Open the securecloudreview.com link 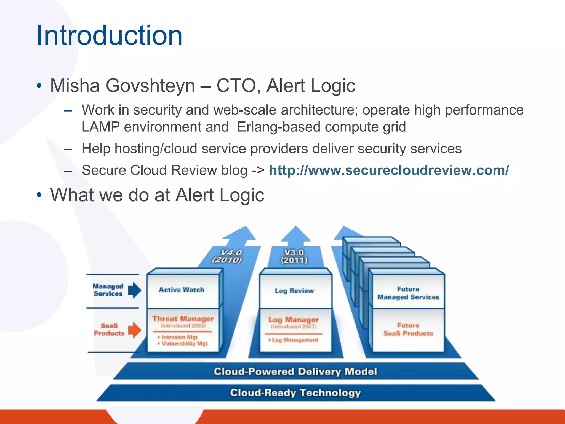[x=389, y=170]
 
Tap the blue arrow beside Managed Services [x=135, y=290]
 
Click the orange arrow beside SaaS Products [x=135, y=330]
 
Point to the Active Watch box [x=182, y=290]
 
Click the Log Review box [x=294, y=291]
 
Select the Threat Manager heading [x=183, y=319]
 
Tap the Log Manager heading [x=294, y=320]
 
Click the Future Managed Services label [x=408, y=293]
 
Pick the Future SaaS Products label [x=408, y=329]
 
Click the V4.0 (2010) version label [x=227, y=256]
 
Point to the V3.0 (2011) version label [x=294, y=256]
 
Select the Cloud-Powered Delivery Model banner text [x=295, y=372]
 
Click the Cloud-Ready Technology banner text [x=295, y=393]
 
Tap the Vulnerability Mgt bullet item [x=185, y=344]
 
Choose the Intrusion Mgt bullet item [x=180, y=337]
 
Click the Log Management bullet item [x=295, y=340]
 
